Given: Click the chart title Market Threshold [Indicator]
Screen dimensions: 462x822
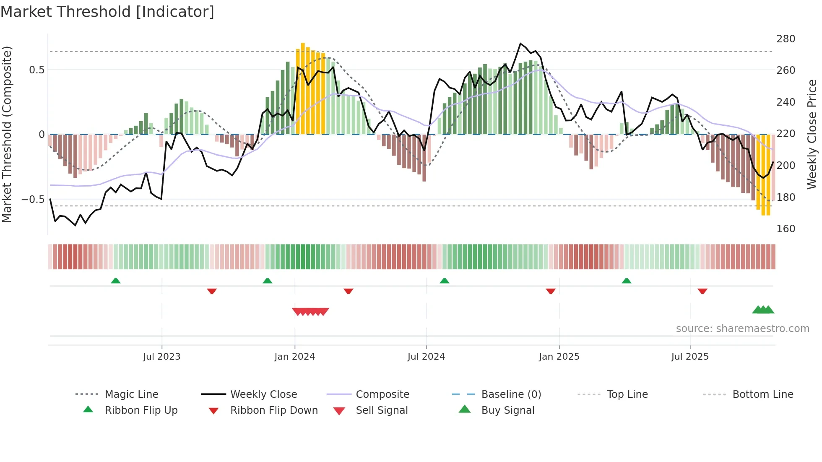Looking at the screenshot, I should click(107, 11).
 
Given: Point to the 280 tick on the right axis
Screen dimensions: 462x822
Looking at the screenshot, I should click(786, 39).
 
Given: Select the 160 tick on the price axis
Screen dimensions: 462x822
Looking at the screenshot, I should click(786, 229).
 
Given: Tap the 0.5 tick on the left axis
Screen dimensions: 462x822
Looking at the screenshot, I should click(36, 70).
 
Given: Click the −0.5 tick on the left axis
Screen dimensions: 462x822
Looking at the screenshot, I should click(33, 200).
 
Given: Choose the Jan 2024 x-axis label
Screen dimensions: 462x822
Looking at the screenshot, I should click(294, 357).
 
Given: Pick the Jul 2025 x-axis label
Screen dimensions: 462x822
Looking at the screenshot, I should click(689, 357).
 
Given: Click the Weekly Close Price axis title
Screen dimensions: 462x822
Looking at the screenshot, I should click(812, 134).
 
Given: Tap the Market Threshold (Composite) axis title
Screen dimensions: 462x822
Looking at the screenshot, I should click(7, 134).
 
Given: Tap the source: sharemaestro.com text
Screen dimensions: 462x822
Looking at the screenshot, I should click(742, 329).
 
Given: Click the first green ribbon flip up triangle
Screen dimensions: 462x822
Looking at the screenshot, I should click(116, 281).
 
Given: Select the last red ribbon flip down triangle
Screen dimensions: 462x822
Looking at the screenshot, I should click(702, 291).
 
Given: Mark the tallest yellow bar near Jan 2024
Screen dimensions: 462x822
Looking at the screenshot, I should click(303, 88).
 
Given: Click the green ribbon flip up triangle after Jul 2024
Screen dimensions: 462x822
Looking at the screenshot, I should click(445, 281).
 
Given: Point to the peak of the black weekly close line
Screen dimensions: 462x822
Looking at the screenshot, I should click(520, 44).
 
